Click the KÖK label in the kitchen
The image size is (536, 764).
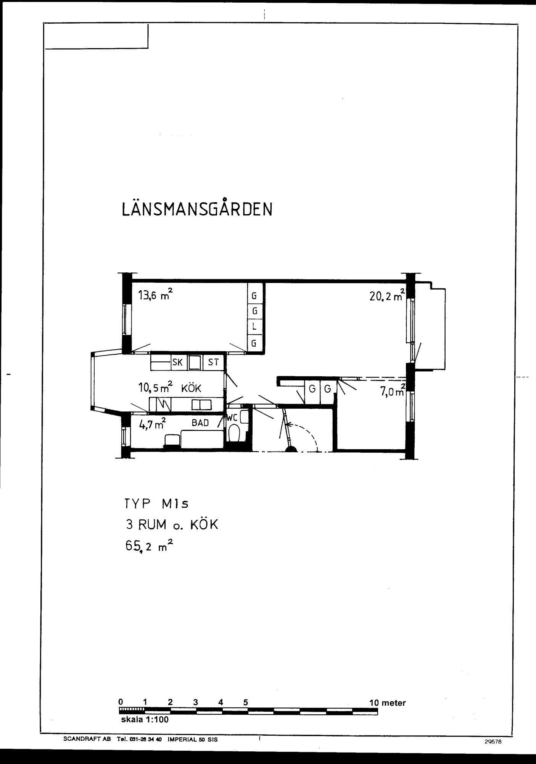point(191,389)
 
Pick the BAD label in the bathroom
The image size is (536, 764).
point(200,423)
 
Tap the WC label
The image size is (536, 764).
point(232,418)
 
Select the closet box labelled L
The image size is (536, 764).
point(254,327)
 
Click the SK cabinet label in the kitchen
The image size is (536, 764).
point(177,362)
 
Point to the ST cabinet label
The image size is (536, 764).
point(213,362)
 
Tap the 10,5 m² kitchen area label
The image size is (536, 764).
point(155,388)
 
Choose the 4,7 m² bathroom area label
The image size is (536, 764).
point(152,424)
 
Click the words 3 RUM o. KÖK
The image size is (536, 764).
point(172,525)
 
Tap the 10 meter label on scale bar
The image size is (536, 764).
point(387,702)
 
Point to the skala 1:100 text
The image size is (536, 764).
point(145,720)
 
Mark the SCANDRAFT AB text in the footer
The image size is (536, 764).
point(87,739)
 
